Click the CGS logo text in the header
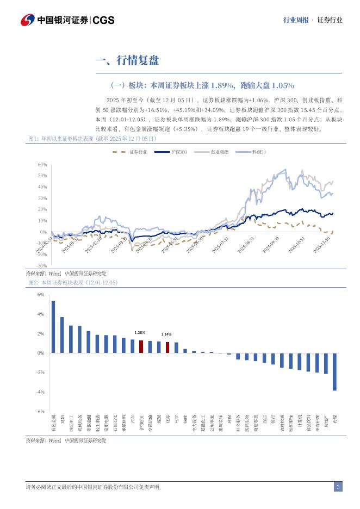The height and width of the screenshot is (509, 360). (x=103, y=20)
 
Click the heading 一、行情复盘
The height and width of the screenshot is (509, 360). (x=127, y=60)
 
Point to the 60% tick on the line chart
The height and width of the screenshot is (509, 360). (x=42, y=164)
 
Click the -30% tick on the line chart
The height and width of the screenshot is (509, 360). (x=41, y=265)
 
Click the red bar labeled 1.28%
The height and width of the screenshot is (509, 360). (x=141, y=347)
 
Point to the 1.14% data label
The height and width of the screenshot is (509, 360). (x=166, y=334)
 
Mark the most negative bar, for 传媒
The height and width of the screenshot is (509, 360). (x=334, y=372)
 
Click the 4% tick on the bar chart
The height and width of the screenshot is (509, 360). (x=41, y=314)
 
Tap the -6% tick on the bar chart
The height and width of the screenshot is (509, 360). (x=41, y=412)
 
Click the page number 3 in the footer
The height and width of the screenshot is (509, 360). (x=338, y=487)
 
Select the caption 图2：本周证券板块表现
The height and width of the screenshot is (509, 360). (x=72, y=283)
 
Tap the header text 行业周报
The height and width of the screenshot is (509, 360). (x=296, y=20)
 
